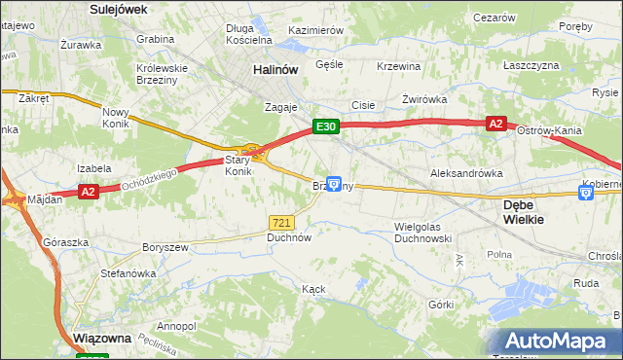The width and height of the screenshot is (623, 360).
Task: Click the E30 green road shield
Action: (325, 126)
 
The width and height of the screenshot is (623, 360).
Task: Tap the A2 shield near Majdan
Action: (89, 192)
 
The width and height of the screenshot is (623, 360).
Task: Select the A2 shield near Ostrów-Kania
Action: (495, 124)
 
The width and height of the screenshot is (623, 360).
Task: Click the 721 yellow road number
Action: (282, 223)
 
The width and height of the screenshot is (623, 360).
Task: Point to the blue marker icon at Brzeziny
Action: (334, 183)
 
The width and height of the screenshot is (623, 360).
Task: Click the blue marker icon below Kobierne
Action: (586, 194)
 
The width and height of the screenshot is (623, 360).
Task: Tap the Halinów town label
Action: (274, 70)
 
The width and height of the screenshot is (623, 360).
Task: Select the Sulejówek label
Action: (117, 9)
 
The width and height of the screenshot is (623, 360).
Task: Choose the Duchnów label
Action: (289, 236)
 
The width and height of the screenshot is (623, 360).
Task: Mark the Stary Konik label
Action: (238, 165)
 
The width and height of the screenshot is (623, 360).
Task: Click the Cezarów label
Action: (493, 18)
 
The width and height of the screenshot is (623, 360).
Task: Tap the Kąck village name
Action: (312, 289)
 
